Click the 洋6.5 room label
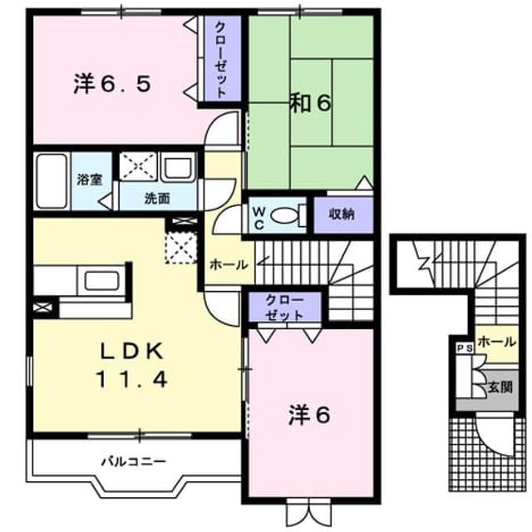112,84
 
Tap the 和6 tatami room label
310,103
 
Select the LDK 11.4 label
132,366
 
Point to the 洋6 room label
309,415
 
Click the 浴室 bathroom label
90,180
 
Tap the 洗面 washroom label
157,199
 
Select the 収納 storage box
343,214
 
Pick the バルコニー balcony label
135,461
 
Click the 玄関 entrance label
500,387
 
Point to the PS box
465,349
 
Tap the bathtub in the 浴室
52,181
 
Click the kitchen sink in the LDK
102,281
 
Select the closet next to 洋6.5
223,58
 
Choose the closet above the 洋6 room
284,307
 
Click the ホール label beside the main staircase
229,265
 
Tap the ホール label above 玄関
497,342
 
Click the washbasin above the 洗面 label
178,167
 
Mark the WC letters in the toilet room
259,219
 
